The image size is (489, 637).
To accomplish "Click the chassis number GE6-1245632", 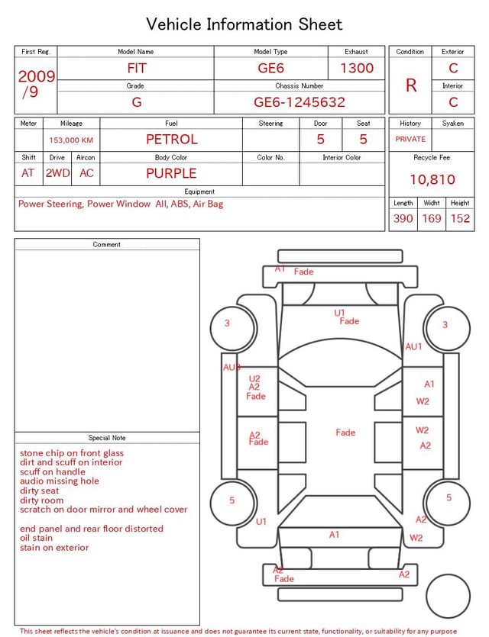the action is tap(300, 102).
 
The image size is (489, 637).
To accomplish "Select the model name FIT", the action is tap(137, 68).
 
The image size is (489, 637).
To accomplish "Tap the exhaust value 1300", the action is tap(357, 68).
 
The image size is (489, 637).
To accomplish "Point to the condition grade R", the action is tap(411, 85).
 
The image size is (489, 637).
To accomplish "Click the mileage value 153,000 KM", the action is tap(71, 140).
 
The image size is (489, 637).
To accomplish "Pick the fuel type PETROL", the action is tap(172, 140).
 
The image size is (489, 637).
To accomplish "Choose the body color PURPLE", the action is tap(171, 173).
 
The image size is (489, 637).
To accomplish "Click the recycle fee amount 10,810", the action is tap(432, 179).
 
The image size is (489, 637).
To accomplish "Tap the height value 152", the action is tap(460, 218).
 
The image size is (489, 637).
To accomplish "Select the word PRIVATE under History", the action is tap(410, 139).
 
